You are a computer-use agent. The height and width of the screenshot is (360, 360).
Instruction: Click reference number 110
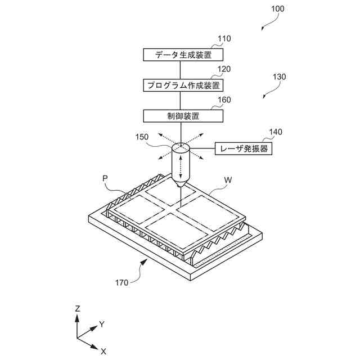pos(224,39)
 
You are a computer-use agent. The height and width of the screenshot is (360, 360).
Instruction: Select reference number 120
pos(224,70)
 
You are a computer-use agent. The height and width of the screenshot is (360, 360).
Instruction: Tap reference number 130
pos(279,77)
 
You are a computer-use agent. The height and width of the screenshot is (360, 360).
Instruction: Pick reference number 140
pos(276,133)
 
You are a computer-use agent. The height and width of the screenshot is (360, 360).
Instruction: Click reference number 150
pos(143,137)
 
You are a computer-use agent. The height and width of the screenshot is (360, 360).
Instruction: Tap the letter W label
pos(228,181)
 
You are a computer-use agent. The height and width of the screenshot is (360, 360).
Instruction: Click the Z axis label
pos(77,308)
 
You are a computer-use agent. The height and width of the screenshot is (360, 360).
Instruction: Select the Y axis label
pos(102,324)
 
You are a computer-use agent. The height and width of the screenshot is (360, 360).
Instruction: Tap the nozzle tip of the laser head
pos(181,184)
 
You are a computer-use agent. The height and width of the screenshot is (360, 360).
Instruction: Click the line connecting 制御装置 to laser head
pos(180,132)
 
